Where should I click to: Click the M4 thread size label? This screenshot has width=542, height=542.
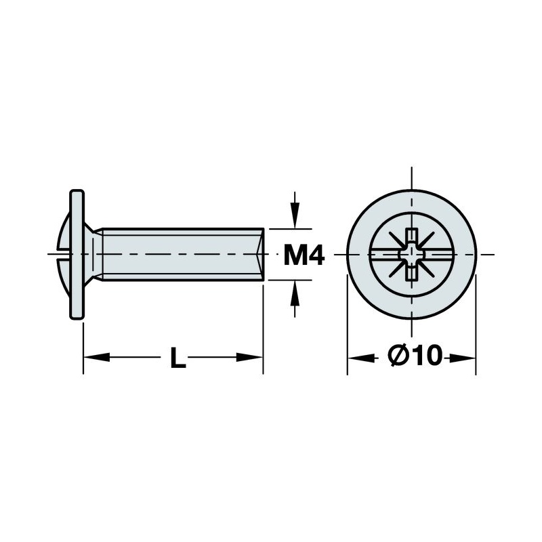pyautogui.click(x=304, y=255)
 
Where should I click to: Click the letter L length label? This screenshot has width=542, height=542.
pyautogui.click(x=178, y=358)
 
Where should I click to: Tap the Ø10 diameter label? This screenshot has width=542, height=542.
pyautogui.click(x=415, y=355)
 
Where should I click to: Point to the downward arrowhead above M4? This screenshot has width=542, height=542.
pyautogui.click(x=294, y=215)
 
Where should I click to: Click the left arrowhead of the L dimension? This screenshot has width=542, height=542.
pyautogui.click(x=97, y=357)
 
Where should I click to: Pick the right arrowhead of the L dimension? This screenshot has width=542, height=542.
pyautogui.click(x=249, y=357)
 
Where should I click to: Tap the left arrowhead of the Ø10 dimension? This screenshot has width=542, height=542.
pyautogui.click(x=361, y=358)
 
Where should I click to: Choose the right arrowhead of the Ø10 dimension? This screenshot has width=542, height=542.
pyautogui.click(x=463, y=358)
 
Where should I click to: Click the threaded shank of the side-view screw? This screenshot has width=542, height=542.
pyautogui.click(x=182, y=255)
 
